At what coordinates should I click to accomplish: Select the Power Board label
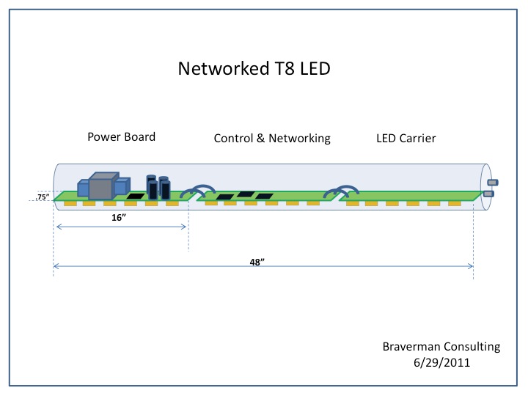(x=122, y=137)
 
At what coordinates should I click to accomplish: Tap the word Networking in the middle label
(x=300, y=138)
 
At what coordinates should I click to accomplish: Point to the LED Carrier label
(x=406, y=137)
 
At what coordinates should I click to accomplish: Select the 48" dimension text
(x=257, y=262)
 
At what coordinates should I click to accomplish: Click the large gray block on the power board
(x=103, y=186)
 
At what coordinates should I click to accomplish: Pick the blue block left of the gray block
(x=82, y=188)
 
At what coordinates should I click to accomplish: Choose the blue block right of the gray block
(x=121, y=187)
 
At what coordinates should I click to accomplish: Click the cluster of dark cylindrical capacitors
(x=157, y=188)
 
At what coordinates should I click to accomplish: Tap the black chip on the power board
(x=134, y=197)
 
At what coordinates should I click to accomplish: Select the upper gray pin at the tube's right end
(x=493, y=182)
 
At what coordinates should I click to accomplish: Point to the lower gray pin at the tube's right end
(x=489, y=194)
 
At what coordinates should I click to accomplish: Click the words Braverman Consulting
(x=441, y=346)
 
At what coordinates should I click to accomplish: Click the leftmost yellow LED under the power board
(x=70, y=202)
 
